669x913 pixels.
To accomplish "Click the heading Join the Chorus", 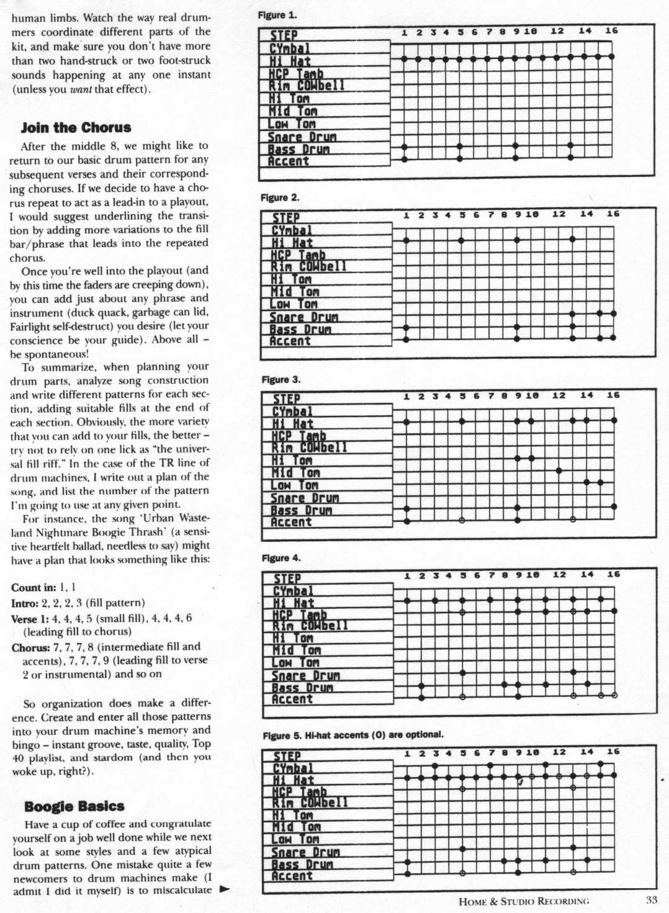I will (x=76, y=128).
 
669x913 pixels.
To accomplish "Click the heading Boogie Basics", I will (x=74, y=806).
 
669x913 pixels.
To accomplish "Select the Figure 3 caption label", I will (x=281, y=379).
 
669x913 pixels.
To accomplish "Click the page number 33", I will (x=651, y=900).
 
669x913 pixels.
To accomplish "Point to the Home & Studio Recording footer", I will (x=523, y=901).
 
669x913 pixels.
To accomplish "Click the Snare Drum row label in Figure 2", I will (x=303, y=317).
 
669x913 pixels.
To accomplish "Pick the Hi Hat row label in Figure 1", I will (x=290, y=61).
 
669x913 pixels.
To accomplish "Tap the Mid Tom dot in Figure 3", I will (x=559, y=471).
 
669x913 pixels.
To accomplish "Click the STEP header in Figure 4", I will (x=287, y=578).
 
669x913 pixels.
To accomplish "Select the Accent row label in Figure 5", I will (x=292, y=876).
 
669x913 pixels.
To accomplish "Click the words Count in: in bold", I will (x=34, y=587).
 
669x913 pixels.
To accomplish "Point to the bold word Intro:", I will (x=25, y=603).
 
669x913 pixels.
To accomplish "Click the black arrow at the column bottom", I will (x=224, y=889).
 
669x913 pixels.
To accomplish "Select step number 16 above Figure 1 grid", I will (x=611, y=31).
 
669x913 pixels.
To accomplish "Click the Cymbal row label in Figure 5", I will (x=292, y=768).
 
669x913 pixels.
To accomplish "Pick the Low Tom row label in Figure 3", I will (x=294, y=485).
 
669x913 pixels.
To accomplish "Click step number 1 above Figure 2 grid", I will (x=406, y=215).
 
